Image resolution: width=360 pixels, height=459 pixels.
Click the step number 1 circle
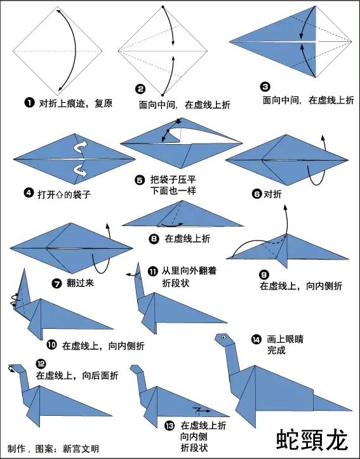click(29, 102)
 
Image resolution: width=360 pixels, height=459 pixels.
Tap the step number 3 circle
click(265, 87)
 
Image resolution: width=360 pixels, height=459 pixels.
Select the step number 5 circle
click(140, 180)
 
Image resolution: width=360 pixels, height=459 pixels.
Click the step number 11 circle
click(152, 270)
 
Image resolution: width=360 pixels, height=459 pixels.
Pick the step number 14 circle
click(256, 338)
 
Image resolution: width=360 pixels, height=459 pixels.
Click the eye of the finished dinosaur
click(223, 336)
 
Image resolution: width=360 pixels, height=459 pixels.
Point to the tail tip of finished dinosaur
click(350, 409)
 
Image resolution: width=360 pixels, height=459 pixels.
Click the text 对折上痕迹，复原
click(76, 102)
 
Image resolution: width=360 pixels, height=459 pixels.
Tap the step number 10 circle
click(51, 345)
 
